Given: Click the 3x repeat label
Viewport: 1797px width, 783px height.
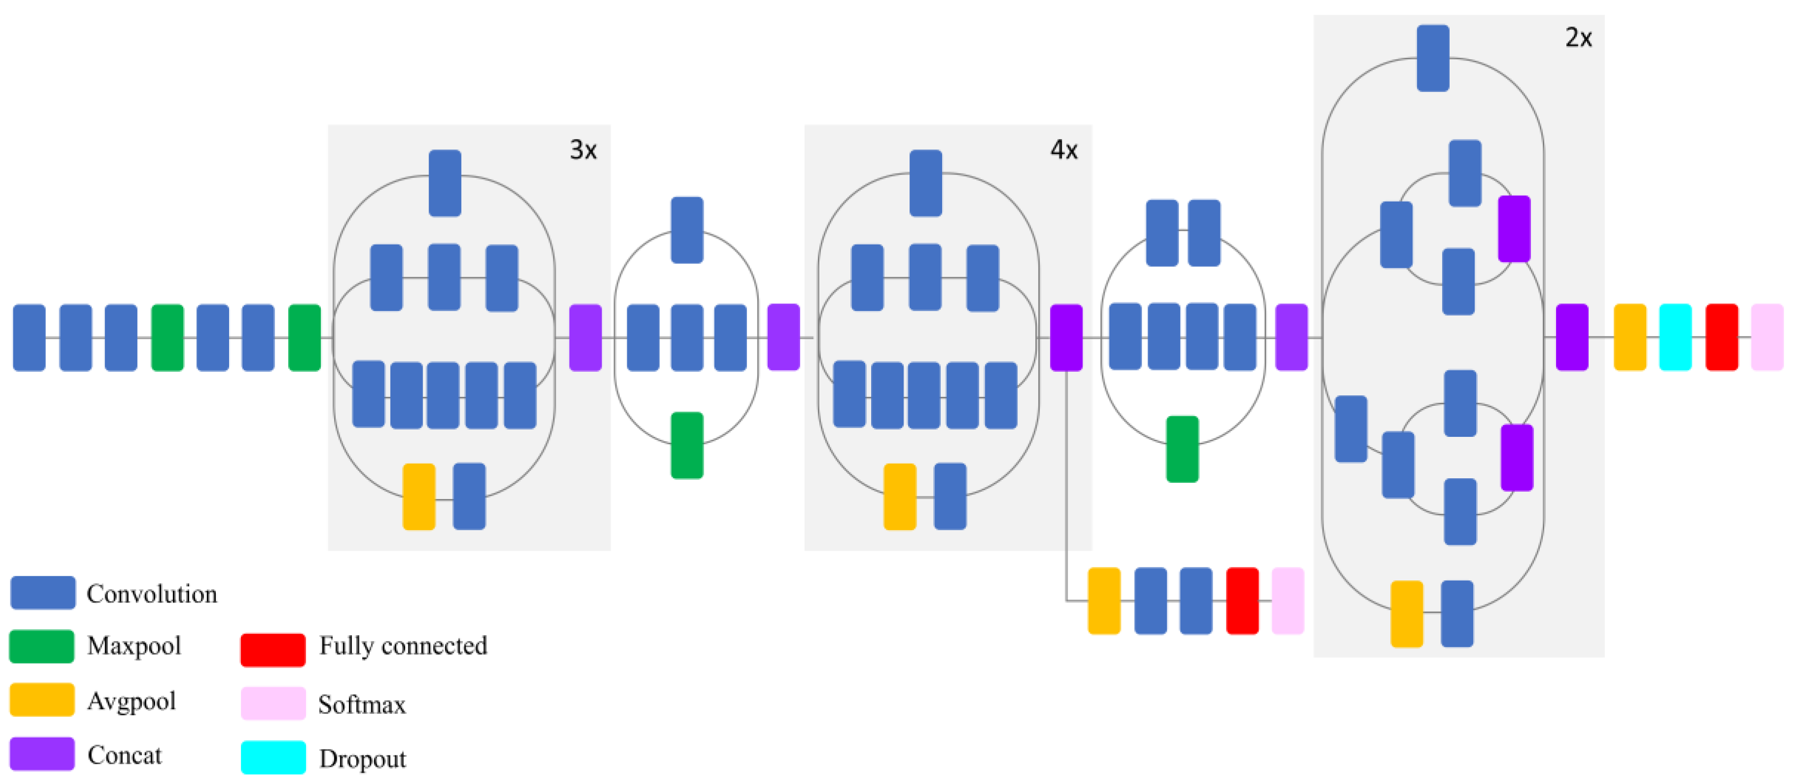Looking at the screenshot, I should coord(583,149).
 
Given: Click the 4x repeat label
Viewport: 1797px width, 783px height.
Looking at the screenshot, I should coord(1064,149).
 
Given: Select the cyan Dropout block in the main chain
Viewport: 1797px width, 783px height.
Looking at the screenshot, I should coord(1675,337).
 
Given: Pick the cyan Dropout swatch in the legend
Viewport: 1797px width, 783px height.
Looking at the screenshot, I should coord(273,757).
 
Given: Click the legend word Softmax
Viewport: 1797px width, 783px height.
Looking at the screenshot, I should coord(361,704).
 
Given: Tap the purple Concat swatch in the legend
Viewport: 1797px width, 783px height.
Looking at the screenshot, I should coord(42,754).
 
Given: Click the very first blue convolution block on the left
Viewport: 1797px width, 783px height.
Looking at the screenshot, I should coord(29,337).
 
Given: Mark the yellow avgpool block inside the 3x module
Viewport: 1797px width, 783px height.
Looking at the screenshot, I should coord(418,496).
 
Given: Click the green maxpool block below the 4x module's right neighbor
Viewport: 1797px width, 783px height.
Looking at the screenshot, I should coord(1182,449).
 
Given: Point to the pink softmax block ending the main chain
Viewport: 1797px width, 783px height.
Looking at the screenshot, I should coord(1766,337).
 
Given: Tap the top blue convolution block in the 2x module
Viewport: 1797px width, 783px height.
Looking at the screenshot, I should coord(1433,58).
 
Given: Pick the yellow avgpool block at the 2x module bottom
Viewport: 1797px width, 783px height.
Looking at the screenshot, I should coord(1406,613).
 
